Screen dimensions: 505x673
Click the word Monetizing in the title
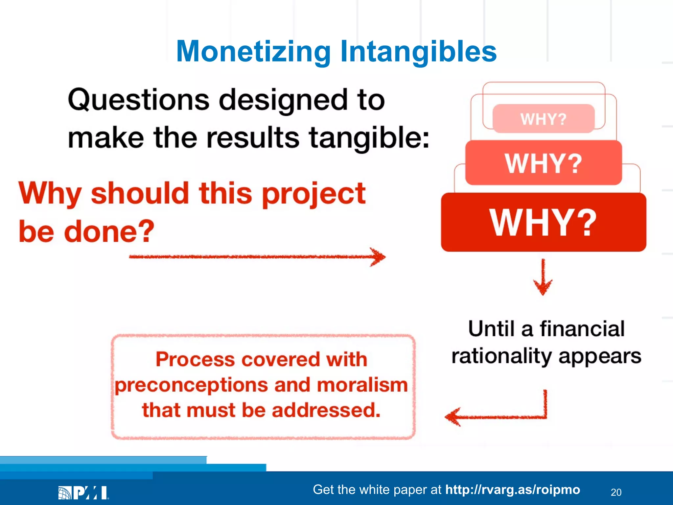click(253, 52)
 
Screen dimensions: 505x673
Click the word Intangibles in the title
click(418, 52)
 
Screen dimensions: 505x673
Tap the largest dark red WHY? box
click(543, 223)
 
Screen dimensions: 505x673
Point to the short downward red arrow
click(543, 277)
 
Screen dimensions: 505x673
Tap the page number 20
click(616, 492)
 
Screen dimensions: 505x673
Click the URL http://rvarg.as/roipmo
click(512, 490)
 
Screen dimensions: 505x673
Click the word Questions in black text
click(138, 100)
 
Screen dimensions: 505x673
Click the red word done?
click(109, 231)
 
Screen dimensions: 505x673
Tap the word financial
click(582, 329)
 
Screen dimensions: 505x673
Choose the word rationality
click(501, 356)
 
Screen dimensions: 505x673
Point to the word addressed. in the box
click(326, 410)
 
